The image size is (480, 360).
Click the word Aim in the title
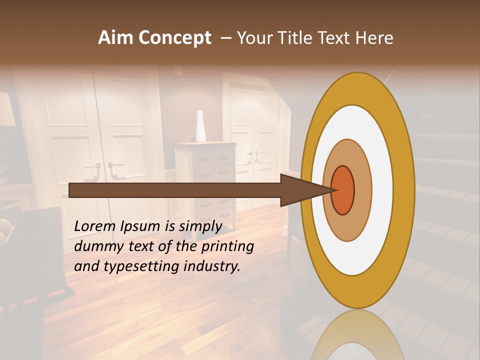tap(116, 38)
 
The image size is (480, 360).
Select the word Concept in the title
tap(175, 38)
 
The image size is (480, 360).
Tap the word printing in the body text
tap(227, 246)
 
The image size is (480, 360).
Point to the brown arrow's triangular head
tap(300, 190)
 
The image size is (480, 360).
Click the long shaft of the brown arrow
tap(175, 190)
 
